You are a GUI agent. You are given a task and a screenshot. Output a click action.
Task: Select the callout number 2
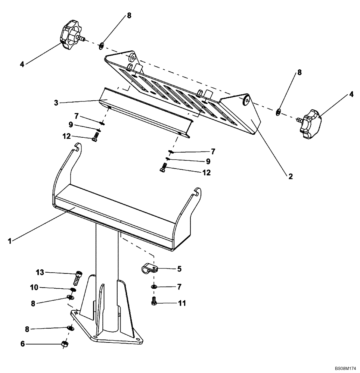point(290,176)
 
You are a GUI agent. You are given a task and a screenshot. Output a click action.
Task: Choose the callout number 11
point(183,304)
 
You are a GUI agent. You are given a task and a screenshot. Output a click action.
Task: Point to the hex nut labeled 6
point(64,344)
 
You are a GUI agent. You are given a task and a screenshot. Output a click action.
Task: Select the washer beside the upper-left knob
point(101,47)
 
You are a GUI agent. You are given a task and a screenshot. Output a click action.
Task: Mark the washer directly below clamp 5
point(153,287)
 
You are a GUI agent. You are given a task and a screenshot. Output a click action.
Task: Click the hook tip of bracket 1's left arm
point(77,146)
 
